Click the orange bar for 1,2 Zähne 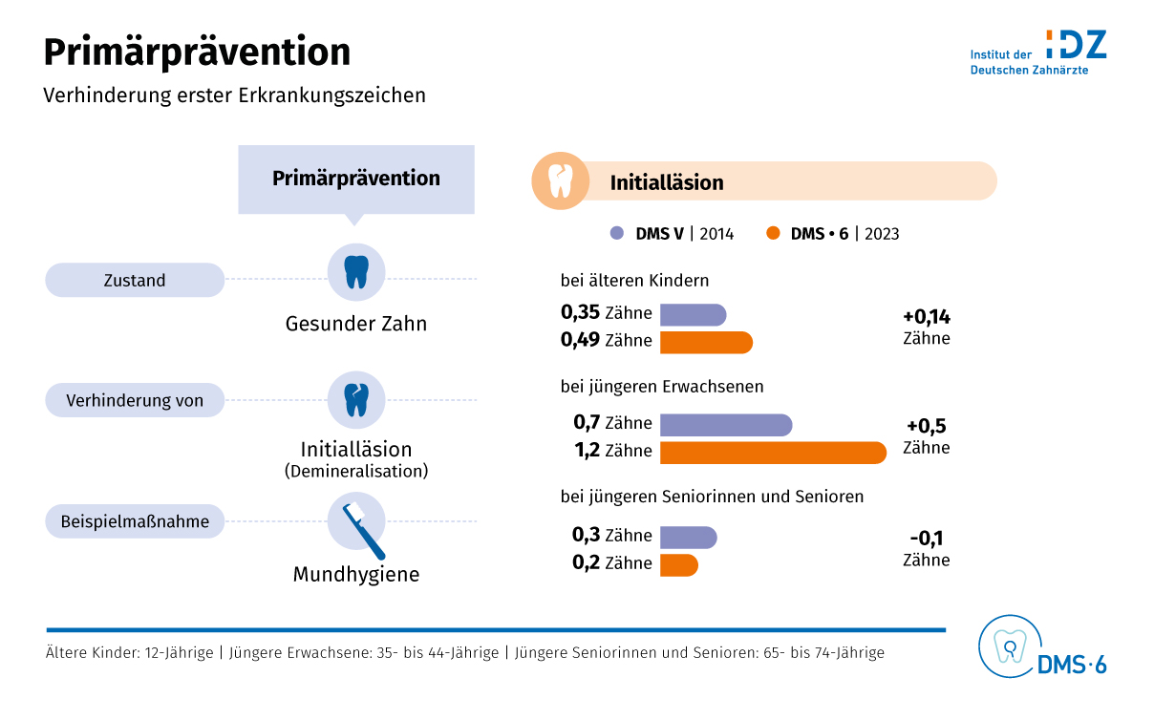click(773, 452)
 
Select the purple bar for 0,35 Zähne click(693, 314)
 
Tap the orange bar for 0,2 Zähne click(678, 564)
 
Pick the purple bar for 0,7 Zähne click(725, 424)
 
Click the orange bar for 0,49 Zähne click(706, 342)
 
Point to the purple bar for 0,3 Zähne click(688, 537)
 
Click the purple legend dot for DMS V click(617, 233)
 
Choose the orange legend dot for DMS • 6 click(773, 233)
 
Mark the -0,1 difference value click(926, 538)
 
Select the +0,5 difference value click(926, 427)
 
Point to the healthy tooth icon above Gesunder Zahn click(356, 272)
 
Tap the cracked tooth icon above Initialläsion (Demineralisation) click(356, 399)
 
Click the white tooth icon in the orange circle click(560, 180)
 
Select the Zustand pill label click(135, 281)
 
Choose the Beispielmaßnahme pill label click(135, 522)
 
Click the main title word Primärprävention click(197, 52)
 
